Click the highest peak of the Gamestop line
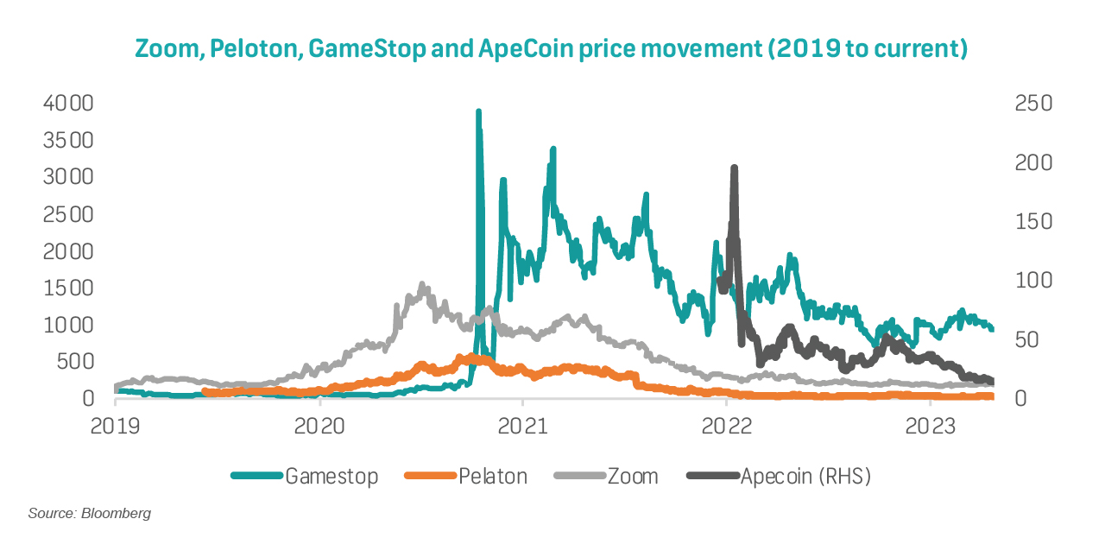pos(478,112)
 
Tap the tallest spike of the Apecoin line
pos(734,168)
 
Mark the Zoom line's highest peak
pos(422,284)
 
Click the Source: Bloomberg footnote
pos(90,514)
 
